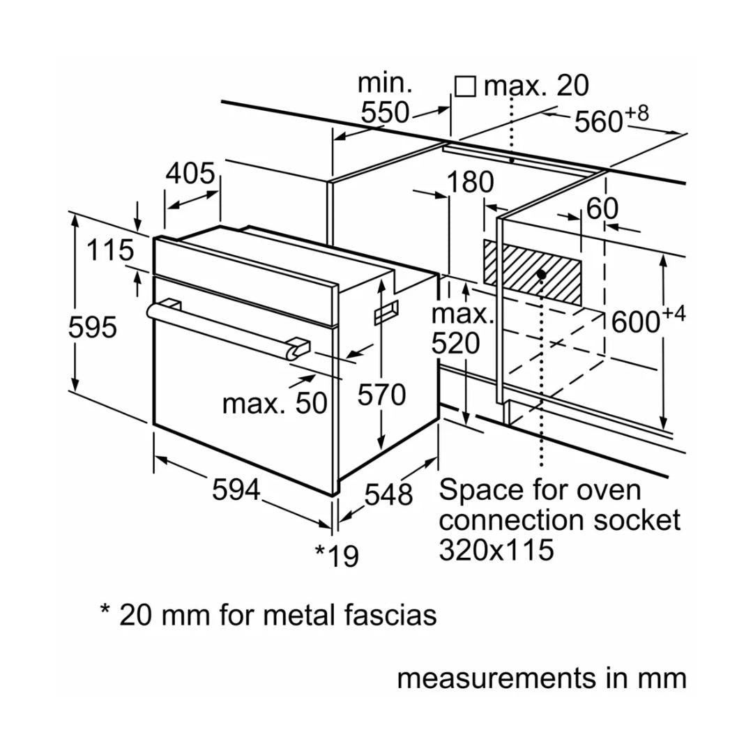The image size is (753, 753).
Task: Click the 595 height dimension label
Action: click(93, 326)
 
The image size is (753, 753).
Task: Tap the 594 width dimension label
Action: click(236, 490)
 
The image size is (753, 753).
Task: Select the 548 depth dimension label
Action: click(389, 494)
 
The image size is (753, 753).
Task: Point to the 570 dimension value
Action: click(381, 395)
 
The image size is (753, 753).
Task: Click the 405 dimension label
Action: click(190, 174)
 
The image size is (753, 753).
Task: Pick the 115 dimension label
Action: click(110, 250)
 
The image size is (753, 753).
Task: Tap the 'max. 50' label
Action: click(275, 403)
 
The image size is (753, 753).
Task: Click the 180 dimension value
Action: click(470, 183)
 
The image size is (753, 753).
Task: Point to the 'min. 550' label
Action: click(385, 98)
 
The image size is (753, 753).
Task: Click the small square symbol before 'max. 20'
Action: click(465, 86)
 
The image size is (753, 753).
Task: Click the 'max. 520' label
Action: click(462, 329)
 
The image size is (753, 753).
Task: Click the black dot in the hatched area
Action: click(542, 275)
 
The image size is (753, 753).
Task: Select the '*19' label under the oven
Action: click(337, 556)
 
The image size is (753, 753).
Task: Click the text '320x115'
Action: click(496, 550)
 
